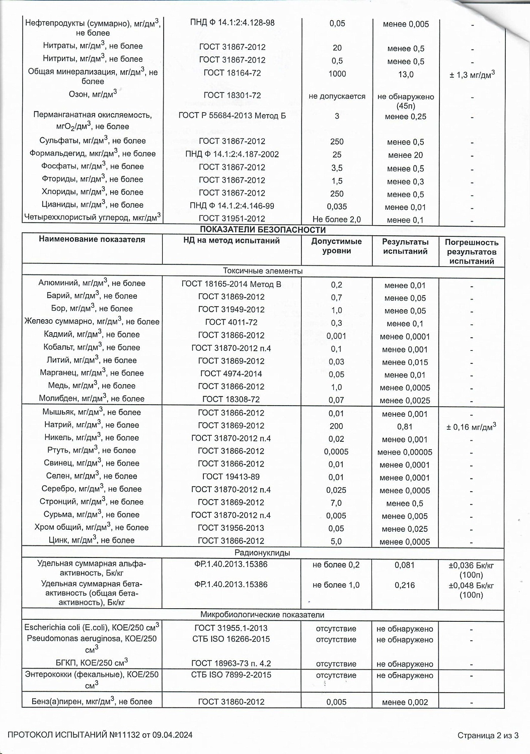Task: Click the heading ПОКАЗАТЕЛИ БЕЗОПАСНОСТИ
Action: coord(263,230)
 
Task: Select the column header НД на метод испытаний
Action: coord(232,241)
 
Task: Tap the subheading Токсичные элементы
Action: coord(263,271)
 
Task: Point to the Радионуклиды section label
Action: coord(263,553)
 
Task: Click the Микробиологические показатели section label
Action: coord(262,615)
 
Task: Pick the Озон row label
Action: coord(93,94)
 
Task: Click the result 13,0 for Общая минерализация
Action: coord(406,74)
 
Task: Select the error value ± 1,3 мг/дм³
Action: coord(472,74)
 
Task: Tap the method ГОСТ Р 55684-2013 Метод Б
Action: coord(232,116)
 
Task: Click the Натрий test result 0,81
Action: coord(405,427)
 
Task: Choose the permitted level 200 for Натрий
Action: coord(336,426)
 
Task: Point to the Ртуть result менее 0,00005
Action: coord(405,452)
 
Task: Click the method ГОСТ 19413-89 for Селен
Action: coord(231,477)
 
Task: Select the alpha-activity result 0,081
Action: coord(405,565)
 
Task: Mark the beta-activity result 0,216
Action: coord(405,585)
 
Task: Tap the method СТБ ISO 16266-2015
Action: coord(231,639)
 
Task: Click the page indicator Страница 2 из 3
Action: coord(488,736)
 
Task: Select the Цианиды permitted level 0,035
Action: coord(337,207)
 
